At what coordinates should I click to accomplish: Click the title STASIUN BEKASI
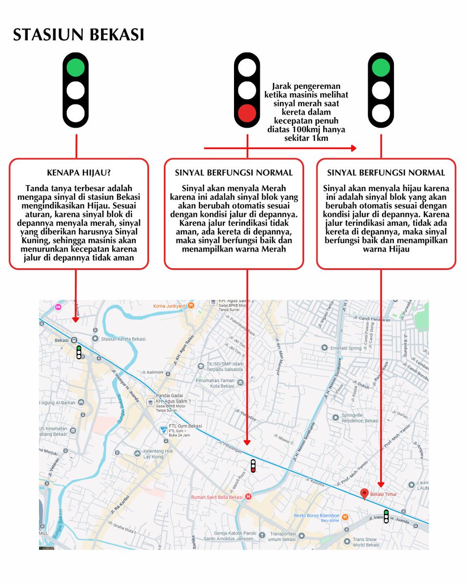(x=78, y=35)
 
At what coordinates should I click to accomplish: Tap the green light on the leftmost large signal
(x=76, y=68)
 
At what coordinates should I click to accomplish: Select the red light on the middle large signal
(x=247, y=113)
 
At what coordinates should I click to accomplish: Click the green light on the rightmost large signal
(x=381, y=68)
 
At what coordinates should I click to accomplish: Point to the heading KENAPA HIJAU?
(x=78, y=173)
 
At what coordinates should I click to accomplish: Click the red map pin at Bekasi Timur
(x=364, y=494)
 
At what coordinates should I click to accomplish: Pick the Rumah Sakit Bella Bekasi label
(x=217, y=497)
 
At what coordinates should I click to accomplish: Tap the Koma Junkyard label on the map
(x=170, y=306)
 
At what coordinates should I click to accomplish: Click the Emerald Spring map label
(x=346, y=348)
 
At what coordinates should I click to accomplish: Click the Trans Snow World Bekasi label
(x=366, y=542)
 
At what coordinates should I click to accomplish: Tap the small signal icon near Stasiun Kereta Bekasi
(x=78, y=352)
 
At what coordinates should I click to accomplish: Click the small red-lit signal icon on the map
(x=253, y=466)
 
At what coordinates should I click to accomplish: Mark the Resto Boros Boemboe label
(x=316, y=516)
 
